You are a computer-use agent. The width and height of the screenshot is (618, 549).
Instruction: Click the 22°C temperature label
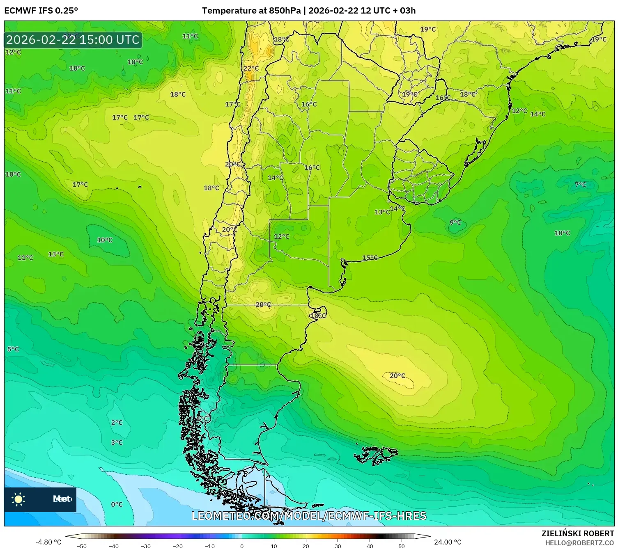(x=251, y=69)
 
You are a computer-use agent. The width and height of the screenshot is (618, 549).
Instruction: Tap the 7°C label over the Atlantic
(x=580, y=185)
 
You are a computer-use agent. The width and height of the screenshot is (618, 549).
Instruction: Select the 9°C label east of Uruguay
(x=455, y=223)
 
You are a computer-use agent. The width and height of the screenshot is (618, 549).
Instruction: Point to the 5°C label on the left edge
(x=13, y=349)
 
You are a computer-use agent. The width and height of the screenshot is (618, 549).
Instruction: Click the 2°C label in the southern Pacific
(x=117, y=423)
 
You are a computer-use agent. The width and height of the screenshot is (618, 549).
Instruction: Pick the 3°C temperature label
(x=117, y=443)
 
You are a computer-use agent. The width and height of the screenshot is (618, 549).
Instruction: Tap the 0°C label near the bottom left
(x=117, y=505)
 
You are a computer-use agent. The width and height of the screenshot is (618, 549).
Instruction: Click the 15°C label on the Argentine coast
(x=370, y=258)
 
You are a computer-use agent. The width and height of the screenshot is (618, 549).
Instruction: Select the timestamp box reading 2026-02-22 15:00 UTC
(x=73, y=40)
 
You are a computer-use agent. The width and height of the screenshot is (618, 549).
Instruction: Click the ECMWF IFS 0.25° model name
(x=41, y=11)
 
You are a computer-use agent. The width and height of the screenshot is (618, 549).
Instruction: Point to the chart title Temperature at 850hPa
(x=251, y=11)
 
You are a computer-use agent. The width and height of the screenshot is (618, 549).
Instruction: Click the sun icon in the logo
(x=18, y=499)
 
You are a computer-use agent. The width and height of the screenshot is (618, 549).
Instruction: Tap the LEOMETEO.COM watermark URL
(x=309, y=516)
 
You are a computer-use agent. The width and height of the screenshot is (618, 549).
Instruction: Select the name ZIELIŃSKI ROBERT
(x=577, y=533)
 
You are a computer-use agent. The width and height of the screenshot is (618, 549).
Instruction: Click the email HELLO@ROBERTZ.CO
(x=579, y=543)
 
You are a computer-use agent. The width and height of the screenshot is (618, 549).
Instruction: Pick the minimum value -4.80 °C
(x=48, y=542)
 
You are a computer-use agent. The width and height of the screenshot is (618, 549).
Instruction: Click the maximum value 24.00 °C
(x=448, y=542)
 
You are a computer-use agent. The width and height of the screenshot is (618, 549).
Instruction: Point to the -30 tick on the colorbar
(x=146, y=546)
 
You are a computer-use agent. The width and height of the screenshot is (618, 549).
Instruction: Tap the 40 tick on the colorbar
(x=370, y=546)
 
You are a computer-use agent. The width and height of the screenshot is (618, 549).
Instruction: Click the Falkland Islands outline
(x=376, y=455)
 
